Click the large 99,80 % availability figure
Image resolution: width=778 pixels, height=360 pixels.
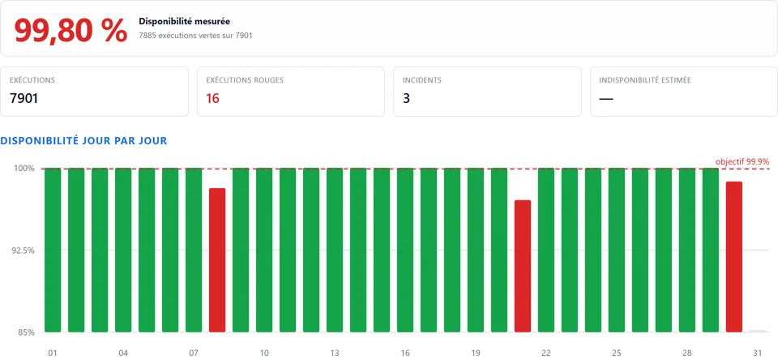point(71,30)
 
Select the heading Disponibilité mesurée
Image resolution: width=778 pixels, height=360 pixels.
point(185,21)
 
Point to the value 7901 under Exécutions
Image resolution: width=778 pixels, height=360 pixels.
point(24,98)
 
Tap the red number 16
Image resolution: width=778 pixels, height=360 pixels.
point(213,98)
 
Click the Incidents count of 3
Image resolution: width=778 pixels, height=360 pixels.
point(406,98)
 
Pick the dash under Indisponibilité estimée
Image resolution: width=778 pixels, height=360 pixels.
point(606,99)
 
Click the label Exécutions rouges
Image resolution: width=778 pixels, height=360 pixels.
point(245,80)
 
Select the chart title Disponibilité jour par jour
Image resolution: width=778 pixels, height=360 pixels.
point(83,140)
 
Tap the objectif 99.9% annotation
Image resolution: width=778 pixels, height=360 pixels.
point(742,161)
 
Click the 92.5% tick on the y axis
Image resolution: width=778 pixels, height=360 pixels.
point(24,251)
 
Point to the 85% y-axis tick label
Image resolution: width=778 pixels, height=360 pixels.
point(27,332)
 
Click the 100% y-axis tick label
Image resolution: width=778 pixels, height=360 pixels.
point(25,169)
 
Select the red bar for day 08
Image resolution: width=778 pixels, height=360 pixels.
point(217,260)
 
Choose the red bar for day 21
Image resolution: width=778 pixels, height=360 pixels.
point(523,266)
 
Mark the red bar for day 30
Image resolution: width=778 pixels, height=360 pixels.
point(734,257)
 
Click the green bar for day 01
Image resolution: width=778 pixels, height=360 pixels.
point(53,250)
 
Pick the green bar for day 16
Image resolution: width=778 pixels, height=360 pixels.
point(405,250)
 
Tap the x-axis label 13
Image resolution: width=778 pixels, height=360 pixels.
point(335,353)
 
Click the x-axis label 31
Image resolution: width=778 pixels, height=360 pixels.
point(757,353)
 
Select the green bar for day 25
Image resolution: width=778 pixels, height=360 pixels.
point(616,250)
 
